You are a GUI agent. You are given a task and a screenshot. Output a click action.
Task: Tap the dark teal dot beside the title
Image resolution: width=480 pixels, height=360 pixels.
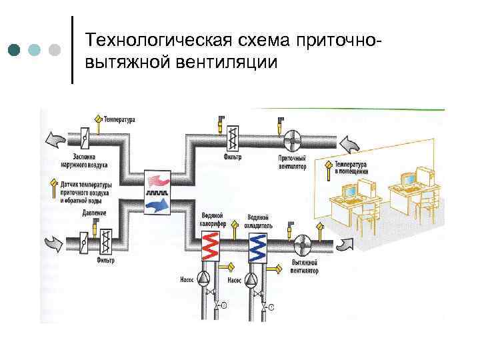pyautogui.click(x=15, y=50)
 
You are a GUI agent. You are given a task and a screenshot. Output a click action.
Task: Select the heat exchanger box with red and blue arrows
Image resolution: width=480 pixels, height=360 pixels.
pyautogui.click(x=158, y=191)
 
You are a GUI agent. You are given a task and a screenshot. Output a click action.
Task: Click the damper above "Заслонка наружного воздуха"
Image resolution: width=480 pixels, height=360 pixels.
pyautogui.click(x=85, y=139)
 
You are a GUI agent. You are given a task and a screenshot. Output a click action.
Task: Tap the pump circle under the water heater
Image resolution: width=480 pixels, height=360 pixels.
pyautogui.click(x=206, y=279)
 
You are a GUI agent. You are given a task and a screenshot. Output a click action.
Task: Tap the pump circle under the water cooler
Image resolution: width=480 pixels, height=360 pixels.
pyautogui.click(x=253, y=279)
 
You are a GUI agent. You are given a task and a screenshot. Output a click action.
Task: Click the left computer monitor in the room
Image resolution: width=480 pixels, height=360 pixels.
pyautogui.click(x=350, y=189)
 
